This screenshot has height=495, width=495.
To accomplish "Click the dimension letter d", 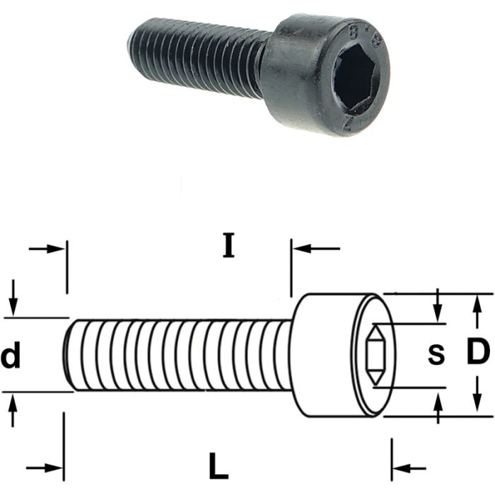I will [11, 356].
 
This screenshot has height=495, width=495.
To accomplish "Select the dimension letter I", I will [227, 245].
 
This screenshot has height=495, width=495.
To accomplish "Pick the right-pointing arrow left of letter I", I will [48, 249].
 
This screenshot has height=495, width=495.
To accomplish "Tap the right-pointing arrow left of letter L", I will [45, 468].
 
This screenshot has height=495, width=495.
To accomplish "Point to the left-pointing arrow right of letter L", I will [408, 468].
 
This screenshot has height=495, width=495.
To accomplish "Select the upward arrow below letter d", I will [13, 407].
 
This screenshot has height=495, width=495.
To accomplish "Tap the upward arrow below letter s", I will [438, 406].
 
